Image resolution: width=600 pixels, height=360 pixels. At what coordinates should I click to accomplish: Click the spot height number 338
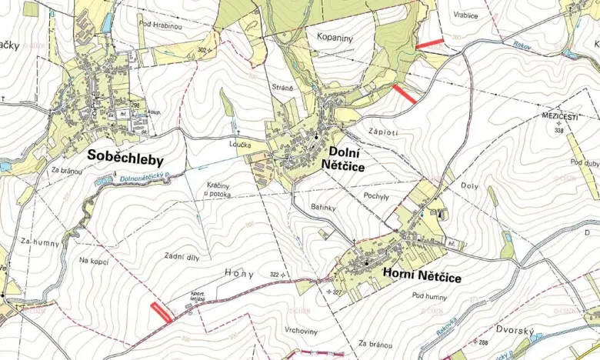pos(558,131)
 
